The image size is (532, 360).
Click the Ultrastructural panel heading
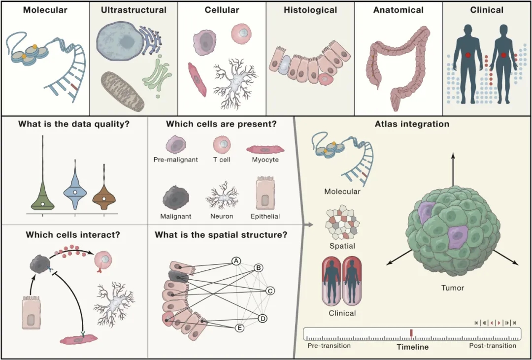(x=133, y=10)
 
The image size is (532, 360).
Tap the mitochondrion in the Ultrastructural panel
(x=123, y=92)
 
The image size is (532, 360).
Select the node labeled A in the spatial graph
(x=236, y=261)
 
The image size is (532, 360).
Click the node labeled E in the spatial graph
(x=240, y=327)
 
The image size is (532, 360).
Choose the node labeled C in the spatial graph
(x=270, y=291)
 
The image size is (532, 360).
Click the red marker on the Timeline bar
(x=411, y=333)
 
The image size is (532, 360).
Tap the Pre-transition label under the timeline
(x=329, y=346)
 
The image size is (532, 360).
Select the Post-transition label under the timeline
(x=493, y=346)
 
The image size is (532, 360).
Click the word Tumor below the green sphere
(x=452, y=288)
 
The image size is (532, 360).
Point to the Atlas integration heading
(x=412, y=124)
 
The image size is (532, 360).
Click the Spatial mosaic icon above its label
(x=341, y=225)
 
